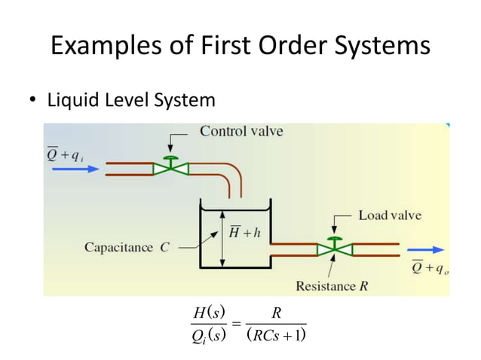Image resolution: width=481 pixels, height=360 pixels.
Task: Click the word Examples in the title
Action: click(x=101, y=46)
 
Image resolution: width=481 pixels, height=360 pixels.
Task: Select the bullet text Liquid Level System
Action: click(x=131, y=99)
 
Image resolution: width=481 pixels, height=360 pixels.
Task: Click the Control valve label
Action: click(x=241, y=132)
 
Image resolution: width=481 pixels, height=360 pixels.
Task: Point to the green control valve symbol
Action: click(x=171, y=167)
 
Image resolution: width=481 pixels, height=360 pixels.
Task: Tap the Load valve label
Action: click(x=389, y=215)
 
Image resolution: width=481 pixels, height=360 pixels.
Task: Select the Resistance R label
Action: click(x=332, y=285)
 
